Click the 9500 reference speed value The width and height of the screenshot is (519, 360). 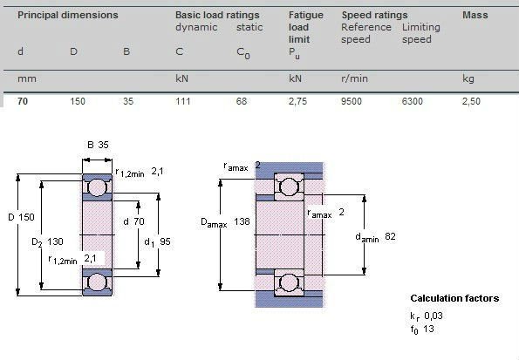(x=352, y=101)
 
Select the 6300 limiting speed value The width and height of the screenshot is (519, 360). (x=412, y=101)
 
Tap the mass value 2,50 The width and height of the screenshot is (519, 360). (x=471, y=101)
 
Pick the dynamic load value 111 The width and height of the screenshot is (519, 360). (x=182, y=101)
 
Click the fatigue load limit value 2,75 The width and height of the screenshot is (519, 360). (x=297, y=101)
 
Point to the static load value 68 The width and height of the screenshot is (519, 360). (x=242, y=101)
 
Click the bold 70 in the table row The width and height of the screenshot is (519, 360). (x=23, y=101)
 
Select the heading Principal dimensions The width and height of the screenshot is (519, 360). (x=67, y=15)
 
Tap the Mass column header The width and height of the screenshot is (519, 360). (x=475, y=15)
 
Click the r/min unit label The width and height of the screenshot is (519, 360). (x=354, y=78)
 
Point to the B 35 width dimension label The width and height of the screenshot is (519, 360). (x=98, y=145)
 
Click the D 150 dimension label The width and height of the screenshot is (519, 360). (x=21, y=217)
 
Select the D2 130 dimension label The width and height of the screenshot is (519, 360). (x=47, y=241)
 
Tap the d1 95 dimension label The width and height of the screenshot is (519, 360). (x=158, y=241)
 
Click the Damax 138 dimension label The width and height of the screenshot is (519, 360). (x=225, y=221)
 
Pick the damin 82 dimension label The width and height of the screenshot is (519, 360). (x=375, y=237)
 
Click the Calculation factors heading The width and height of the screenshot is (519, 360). (x=454, y=298)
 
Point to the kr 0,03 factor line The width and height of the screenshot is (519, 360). (x=427, y=316)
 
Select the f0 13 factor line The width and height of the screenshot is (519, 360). (x=422, y=329)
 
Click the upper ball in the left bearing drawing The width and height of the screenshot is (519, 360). (x=98, y=187)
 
